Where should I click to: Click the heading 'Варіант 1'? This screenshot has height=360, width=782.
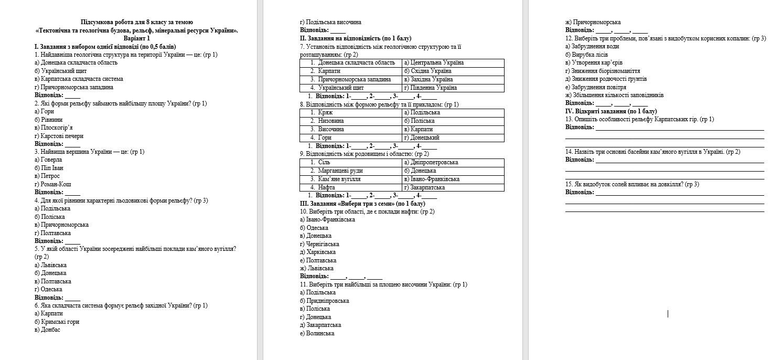(136, 38)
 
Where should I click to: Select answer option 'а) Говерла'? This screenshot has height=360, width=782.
(48, 160)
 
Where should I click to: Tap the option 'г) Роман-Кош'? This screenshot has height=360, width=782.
(52, 184)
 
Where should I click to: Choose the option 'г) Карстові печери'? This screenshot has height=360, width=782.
(59, 136)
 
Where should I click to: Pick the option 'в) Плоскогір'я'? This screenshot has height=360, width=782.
(53, 128)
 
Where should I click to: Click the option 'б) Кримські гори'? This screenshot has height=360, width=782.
(57, 322)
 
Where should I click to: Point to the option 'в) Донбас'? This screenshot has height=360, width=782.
(47, 330)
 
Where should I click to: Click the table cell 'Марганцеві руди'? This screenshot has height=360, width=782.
(340, 171)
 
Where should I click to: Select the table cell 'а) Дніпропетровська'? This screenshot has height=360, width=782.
(431, 163)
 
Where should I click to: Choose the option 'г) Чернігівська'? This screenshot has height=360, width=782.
(319, 243)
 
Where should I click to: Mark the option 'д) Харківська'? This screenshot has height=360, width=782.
(318, 252)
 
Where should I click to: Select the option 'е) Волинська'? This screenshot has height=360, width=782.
(317, 333)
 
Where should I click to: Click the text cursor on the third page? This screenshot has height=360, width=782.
(668, 313)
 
